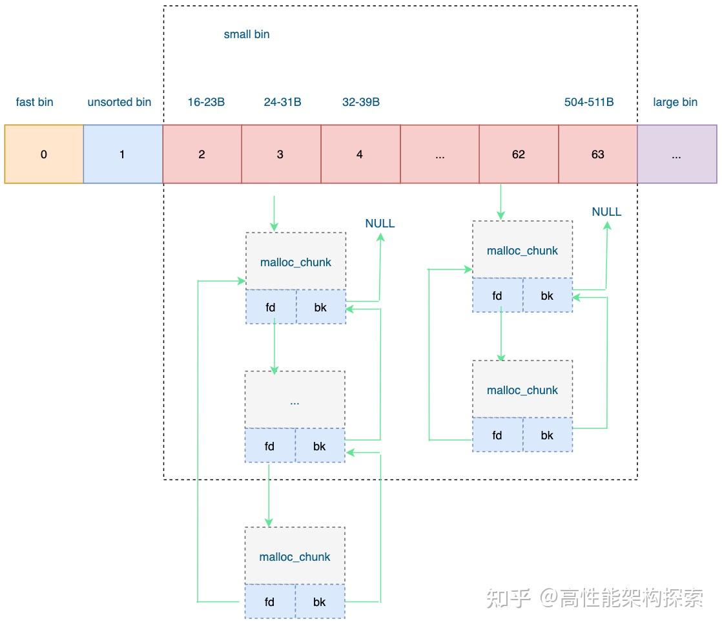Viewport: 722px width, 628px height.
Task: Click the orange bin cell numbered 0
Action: point(44,154)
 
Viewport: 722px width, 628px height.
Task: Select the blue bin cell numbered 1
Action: point(123,154)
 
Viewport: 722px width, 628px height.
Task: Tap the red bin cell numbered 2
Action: point(202,154)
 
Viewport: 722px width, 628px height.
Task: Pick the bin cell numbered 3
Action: point(281,154)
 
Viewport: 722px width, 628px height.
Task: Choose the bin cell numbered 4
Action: point(360,154)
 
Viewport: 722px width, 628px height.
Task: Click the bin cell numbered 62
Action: point(519,154)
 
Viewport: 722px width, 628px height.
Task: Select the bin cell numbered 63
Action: point(598,154)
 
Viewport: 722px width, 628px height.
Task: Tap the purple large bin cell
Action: point(677,154)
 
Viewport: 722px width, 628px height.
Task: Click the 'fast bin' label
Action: point(35,102)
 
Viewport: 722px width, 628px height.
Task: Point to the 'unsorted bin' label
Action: point(119,102)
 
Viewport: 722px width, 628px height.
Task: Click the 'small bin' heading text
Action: point(247,34)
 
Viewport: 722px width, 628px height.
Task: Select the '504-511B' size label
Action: point(589,102)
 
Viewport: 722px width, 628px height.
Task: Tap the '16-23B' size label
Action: point(206,102)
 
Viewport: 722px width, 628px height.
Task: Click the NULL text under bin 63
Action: point(606,212)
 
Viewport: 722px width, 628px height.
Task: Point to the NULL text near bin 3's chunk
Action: point(380,224)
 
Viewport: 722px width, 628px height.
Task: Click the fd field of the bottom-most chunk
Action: point(270,602)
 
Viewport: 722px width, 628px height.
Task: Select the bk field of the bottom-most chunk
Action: point(320,602)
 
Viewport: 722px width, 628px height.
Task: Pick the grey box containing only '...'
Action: point(295,400)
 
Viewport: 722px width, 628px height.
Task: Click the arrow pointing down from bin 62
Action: point(501,202)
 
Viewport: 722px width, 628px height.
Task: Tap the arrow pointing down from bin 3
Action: point(274,213)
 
